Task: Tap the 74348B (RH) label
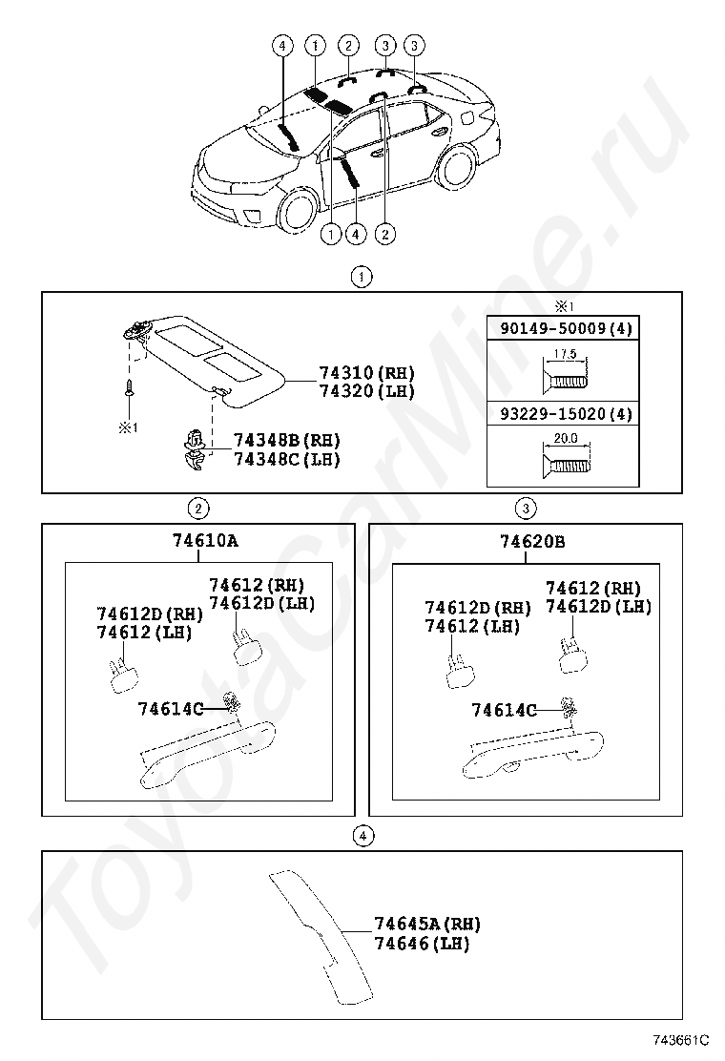point(286,441)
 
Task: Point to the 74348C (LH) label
point(286,459)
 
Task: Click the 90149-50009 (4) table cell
point(563,329)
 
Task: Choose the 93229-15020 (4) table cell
point(563,415)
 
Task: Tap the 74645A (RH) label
point(426,924)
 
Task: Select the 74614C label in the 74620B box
point(504,709)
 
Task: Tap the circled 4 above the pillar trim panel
point(361,836)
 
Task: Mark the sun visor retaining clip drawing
point(196,447)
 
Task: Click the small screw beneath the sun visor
point(127,390)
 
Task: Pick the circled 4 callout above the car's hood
point(282,45)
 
